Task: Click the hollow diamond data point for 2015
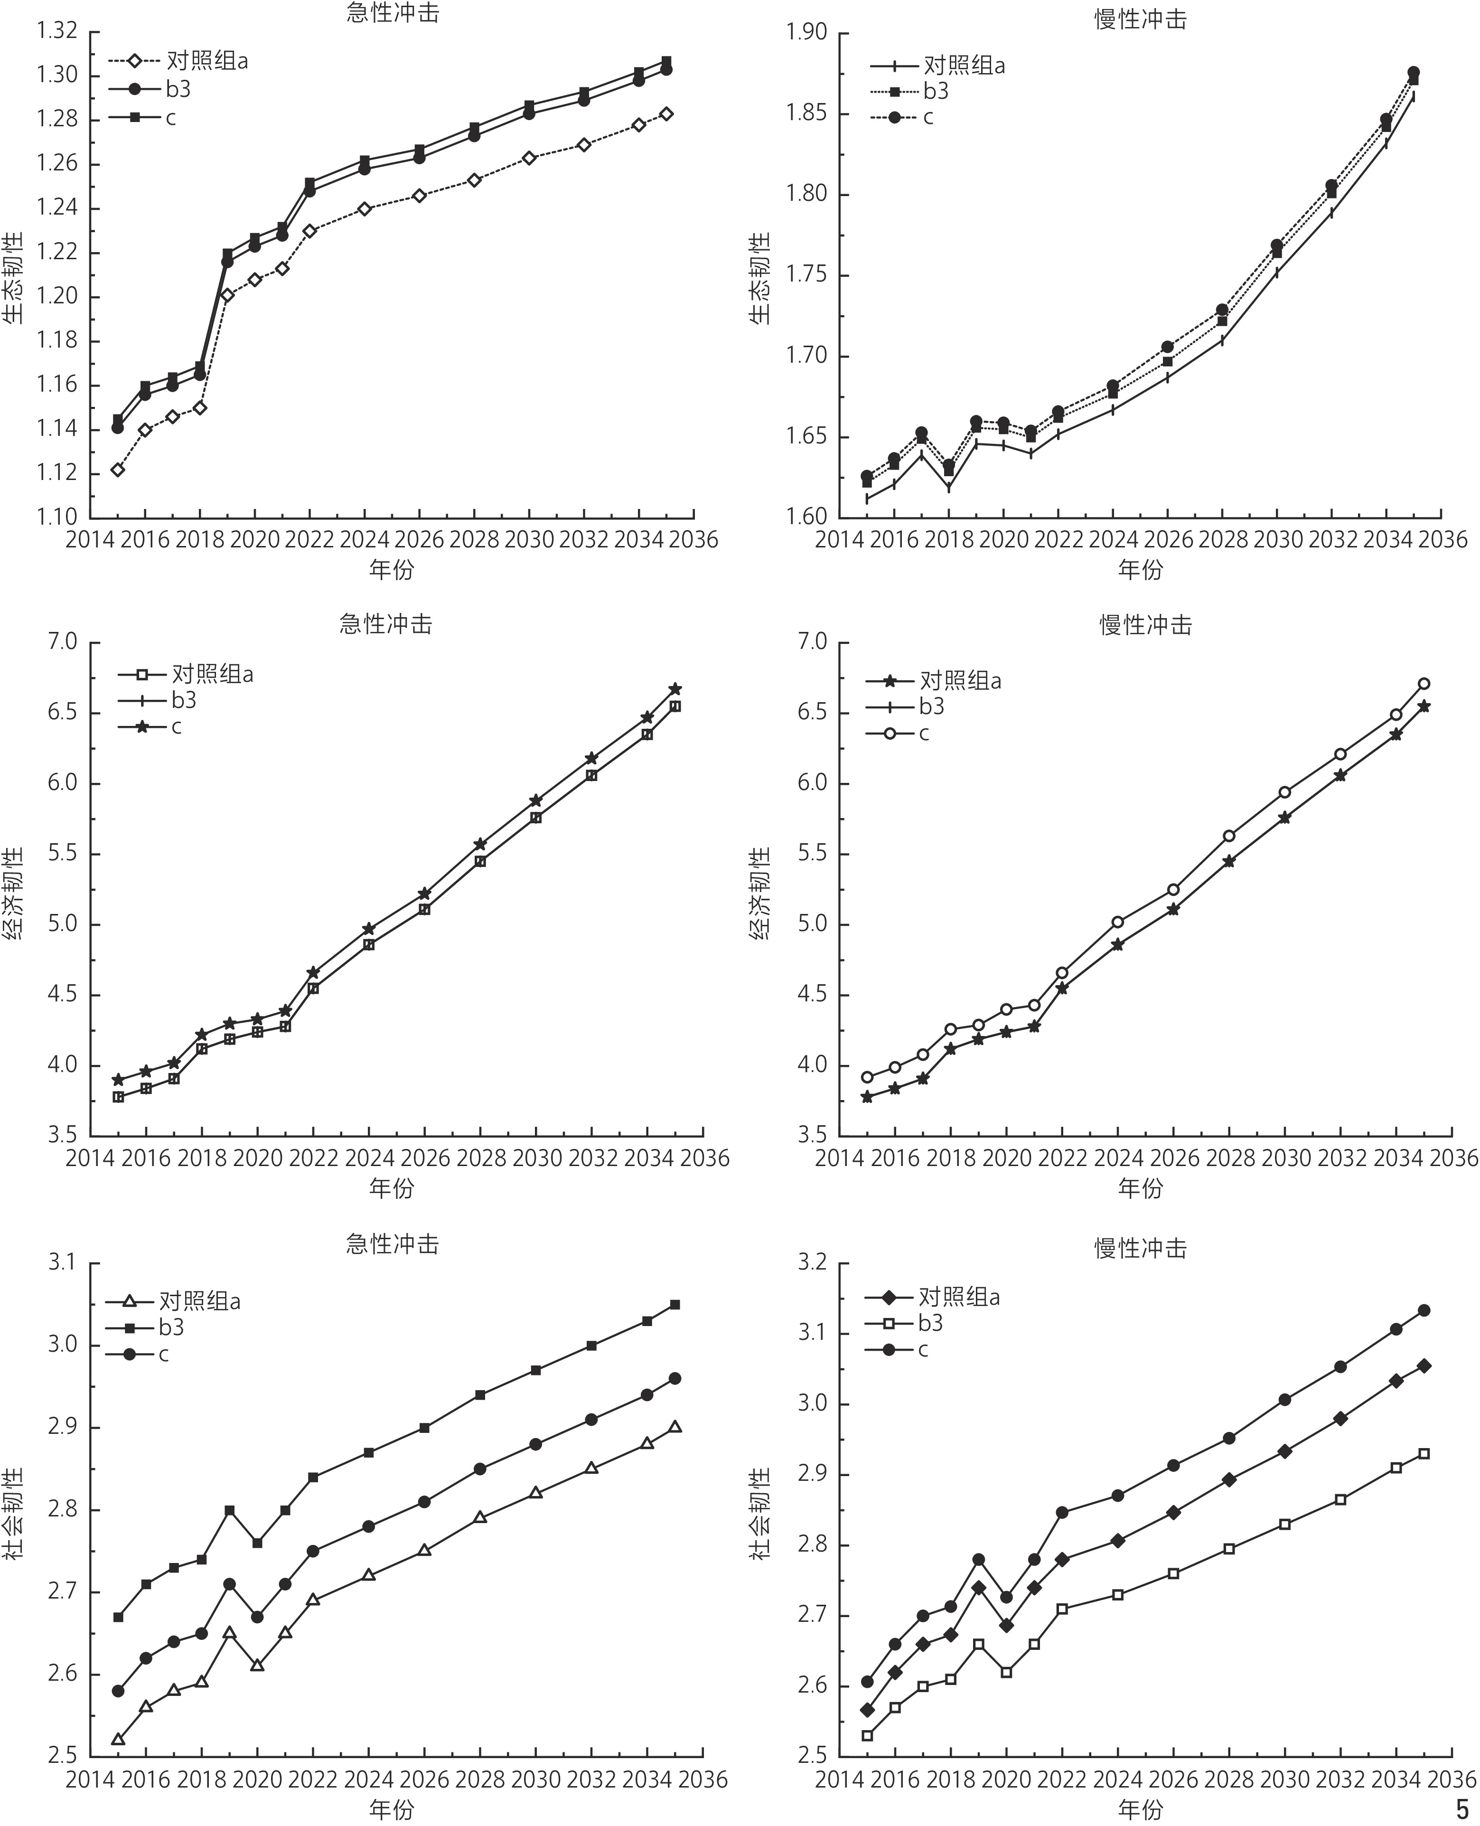(x=118, y=470)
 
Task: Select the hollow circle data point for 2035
(x=1424, y=684)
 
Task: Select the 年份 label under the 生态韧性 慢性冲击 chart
(x=1141, y=569)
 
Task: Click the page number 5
(x=1463, y=1808)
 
